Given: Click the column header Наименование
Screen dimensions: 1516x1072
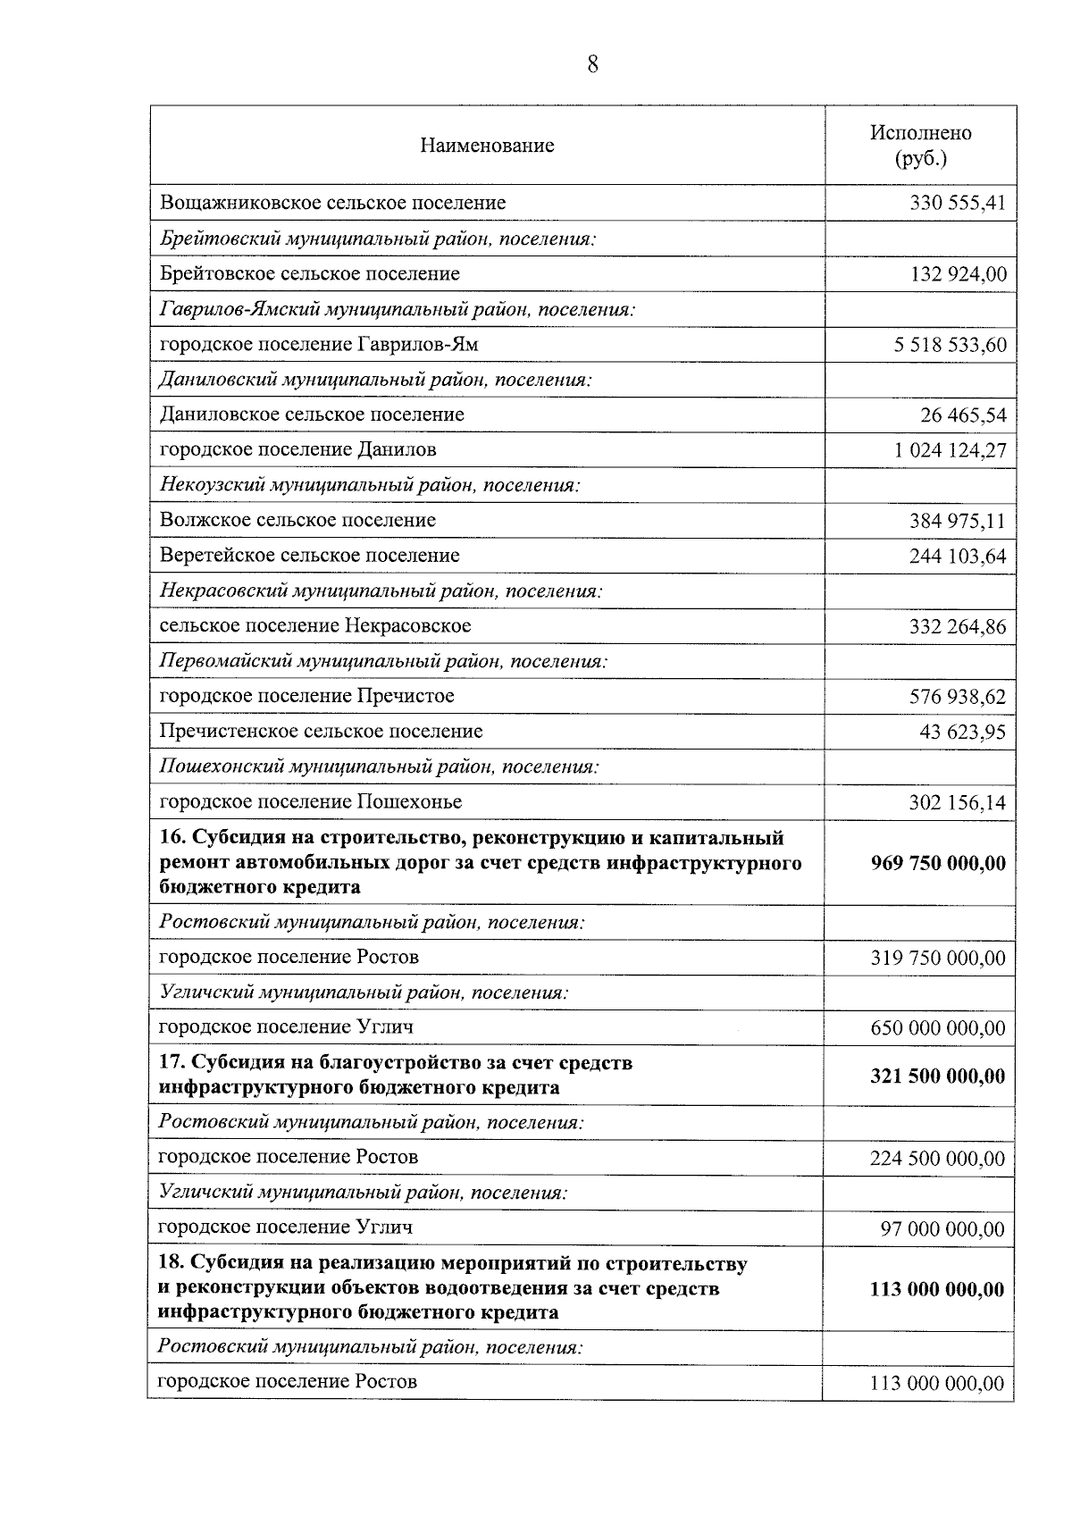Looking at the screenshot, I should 487,146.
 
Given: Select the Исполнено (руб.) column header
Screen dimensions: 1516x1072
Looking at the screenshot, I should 920,146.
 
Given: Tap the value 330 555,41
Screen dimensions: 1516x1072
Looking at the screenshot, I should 957,204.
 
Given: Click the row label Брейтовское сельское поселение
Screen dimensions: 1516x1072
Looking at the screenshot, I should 309,273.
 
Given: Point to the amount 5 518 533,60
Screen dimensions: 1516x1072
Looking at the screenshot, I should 950,346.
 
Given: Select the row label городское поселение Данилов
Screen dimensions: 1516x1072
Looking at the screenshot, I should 297,449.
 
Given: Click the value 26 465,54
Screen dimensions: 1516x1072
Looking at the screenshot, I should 962,415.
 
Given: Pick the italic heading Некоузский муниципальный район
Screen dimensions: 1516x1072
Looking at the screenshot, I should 370,485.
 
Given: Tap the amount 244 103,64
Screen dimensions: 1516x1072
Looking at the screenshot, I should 957,557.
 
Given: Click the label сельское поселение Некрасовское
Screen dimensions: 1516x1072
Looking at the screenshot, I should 314,625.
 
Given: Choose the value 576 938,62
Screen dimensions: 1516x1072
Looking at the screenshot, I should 957,697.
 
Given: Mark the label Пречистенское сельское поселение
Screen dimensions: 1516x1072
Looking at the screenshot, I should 321,731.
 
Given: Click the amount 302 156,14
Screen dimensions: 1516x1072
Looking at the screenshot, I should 957,802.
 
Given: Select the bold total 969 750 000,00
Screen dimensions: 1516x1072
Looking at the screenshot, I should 937,863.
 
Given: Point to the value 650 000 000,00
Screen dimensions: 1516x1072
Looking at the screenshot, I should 937,1028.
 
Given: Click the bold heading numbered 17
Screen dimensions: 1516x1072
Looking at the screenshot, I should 395,1075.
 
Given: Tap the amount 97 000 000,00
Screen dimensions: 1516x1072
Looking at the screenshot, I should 942,1229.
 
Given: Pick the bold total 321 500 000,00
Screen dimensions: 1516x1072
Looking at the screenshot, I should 937,1076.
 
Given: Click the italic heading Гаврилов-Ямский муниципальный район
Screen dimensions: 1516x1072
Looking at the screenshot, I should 397,309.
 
